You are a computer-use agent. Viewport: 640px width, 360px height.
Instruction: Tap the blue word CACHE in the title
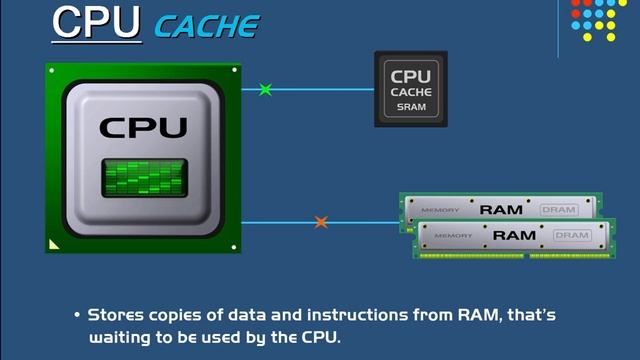click(x=207, y=25)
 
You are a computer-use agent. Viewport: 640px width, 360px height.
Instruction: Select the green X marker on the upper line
click(x=265, y=90)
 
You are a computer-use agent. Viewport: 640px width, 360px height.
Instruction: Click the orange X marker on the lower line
click(x=321, y=222)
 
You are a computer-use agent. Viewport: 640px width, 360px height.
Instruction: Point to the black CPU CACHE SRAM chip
click(x=410, y=89)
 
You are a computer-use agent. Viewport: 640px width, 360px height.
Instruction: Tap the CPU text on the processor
click(x=143, y=127)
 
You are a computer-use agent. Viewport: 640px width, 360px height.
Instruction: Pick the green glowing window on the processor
click(x=143, y=178)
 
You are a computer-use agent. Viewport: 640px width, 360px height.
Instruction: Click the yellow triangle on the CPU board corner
click(x=54, y=243)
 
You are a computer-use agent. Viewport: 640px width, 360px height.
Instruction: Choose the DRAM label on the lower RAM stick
click(x=572, y=235)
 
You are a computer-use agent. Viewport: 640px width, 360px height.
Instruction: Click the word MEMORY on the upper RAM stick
click(x=440, y=211)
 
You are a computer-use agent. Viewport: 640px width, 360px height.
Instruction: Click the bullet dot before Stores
click(x=77, y=316)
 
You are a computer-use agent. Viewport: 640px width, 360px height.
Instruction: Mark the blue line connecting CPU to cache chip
click(x=320, y=90)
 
